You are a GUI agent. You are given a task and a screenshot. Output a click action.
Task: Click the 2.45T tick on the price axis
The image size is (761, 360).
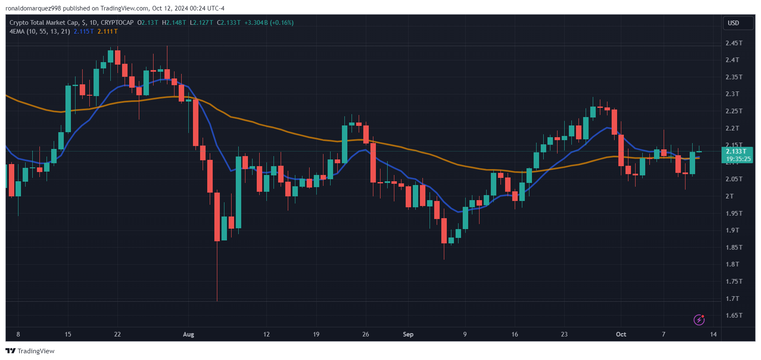pyautogui.click(x=734, y=43)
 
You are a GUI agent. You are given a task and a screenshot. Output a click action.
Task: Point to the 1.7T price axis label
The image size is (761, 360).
pyautogui.click(x=732, y=299)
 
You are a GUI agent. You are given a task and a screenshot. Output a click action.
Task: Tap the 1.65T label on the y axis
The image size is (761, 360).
pyautogui.click(x=734, y=316)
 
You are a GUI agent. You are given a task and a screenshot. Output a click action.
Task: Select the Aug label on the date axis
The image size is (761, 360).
pyautogui.click(x=188, y=334)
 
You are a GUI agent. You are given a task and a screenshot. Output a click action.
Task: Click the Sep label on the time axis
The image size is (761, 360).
pyautogui.click(x=408, y=334)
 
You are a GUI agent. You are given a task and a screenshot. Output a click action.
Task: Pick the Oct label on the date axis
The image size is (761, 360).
pyautogui.click(x=621, y=334)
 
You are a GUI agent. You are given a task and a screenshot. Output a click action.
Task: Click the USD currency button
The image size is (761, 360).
pyautogui.click(x=733, y=23)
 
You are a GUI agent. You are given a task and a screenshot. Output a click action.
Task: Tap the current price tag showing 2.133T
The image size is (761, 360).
pyautogui.click(x=736, y=151)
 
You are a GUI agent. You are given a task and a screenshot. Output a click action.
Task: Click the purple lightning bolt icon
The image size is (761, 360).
pyautogui.click(x=699, y=320)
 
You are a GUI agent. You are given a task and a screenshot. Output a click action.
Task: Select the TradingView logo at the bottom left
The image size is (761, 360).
pyautogui.click(x=30, y=351)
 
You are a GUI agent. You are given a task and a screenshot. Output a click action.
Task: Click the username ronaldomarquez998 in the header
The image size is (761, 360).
pyautogui.click(x=33, y=8)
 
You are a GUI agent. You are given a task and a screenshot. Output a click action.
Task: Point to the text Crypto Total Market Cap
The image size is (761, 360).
pyautogui.click(x=44, y=23)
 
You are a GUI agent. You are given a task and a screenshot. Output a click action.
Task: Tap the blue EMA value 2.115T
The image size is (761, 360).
pyautogui.click(x=83, y=31)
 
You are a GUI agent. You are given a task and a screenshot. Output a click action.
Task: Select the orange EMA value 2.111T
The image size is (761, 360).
pyautogui.click(x=107, y=31)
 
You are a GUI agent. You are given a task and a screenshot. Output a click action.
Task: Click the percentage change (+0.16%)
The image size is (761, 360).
pyautogui.click(x=281, y=23)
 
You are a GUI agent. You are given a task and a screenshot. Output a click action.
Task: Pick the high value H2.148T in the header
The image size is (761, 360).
pyautogui.click(x=174, y=23)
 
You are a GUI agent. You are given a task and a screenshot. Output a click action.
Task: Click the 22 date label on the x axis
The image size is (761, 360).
pyautogui.click(x=117, y=334)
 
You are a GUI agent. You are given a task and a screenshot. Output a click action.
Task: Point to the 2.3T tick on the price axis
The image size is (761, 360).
pyautogui.click(x=732, y=94)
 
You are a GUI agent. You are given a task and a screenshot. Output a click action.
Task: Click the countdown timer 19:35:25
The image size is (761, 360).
pyautogui.click(x=738, y=159)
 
